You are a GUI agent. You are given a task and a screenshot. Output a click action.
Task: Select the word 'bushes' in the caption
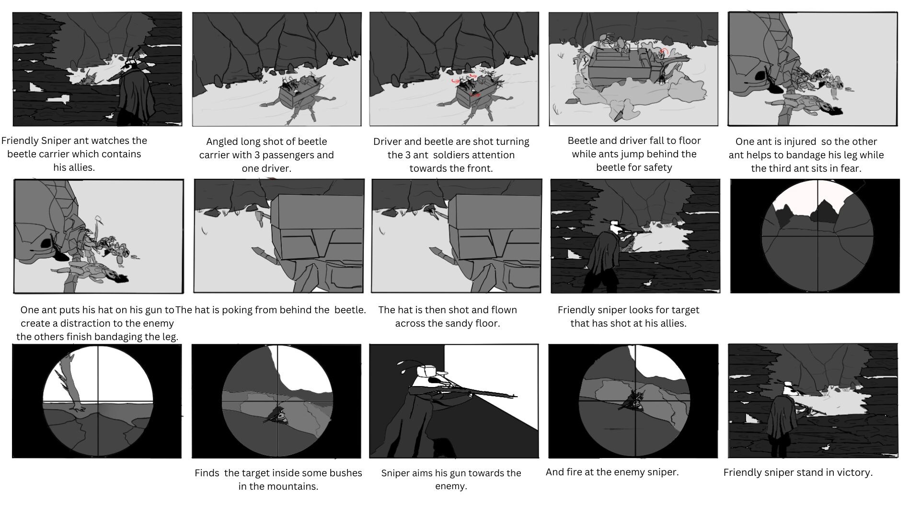tap(345, 473)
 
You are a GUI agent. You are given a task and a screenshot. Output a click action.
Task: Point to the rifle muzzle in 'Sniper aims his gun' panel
tap(514, 396)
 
